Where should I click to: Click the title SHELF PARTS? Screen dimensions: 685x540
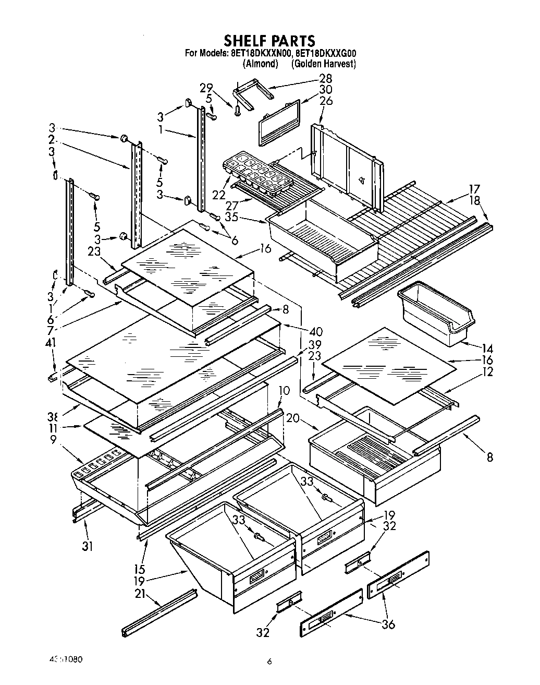point(269,40)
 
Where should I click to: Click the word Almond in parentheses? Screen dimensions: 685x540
point(260,64)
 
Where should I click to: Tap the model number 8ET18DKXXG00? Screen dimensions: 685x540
point(326,53)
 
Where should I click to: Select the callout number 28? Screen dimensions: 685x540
point(325,79)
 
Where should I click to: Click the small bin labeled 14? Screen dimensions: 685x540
point(436,316)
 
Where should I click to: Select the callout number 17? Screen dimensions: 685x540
point(474,189)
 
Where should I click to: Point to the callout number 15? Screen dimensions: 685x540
point(139,569)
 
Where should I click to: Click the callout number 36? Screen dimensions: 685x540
point(388,623)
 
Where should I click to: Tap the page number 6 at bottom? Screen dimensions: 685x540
point(269,662)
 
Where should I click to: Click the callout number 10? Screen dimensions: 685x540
point(284,390)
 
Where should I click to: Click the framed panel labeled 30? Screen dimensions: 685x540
point(279,122)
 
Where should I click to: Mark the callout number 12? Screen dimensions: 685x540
point(488,372)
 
